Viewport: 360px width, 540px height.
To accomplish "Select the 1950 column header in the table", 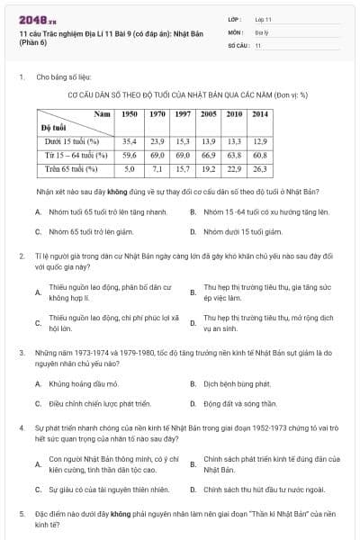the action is [x=130, y=114].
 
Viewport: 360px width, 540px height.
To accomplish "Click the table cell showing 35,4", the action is [x=130, y=141].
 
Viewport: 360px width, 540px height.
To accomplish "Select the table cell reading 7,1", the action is [x=156, y=168].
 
